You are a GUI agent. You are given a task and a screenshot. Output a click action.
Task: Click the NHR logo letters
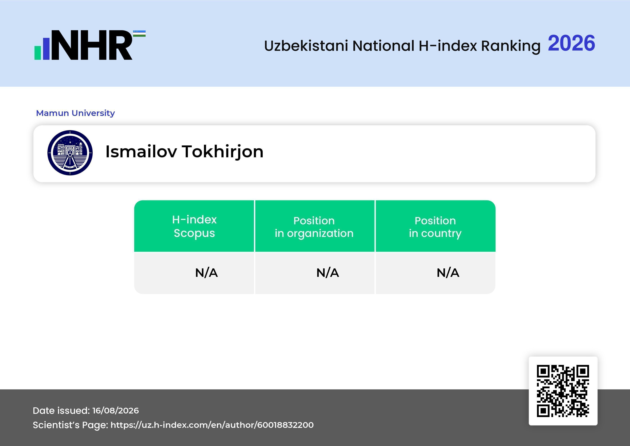point(92,45)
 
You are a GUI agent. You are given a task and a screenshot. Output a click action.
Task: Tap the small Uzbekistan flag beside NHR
point(139,33)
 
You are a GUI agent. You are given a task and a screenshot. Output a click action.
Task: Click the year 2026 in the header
point(571,43)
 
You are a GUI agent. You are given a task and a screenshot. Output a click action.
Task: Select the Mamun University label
point(75,113)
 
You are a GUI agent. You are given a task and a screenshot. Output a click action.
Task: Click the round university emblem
point(70,153)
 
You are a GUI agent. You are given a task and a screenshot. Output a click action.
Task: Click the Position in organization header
point(314,227)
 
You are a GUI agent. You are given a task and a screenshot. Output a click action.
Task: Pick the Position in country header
point(435,227)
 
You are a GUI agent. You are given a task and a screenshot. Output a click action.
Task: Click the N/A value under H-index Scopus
point(206,273)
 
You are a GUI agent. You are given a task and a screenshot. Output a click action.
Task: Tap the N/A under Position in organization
point(328,273)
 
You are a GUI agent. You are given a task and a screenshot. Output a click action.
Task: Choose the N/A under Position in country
point(448,273)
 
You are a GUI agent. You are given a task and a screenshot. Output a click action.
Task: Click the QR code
point(563,391)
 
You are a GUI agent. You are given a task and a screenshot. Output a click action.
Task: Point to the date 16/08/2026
point(115,411)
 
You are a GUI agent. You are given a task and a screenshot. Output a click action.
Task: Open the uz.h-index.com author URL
point(212,425)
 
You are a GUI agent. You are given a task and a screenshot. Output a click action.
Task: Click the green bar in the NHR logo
point(38,53)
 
